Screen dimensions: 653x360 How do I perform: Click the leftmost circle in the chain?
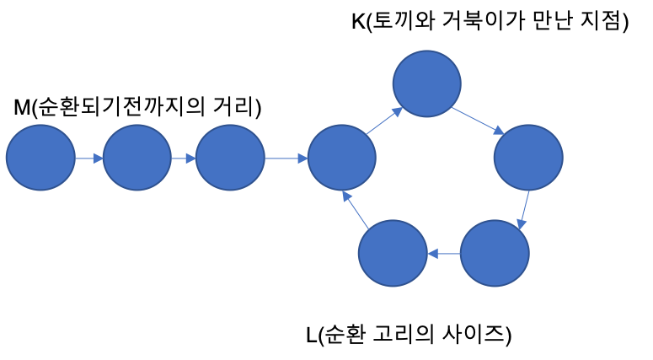tap(40, 158)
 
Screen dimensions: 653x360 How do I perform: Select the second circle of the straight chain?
tap(136, 158)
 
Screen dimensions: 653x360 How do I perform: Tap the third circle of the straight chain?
tap(230, 158)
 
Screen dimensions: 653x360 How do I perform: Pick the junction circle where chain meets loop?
tap(341, 158)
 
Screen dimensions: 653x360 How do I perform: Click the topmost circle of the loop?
tap(426, 83)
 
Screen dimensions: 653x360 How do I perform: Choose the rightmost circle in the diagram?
tap(528, 158)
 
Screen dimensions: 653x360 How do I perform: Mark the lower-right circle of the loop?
tap(495, 253)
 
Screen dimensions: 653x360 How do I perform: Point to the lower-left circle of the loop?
tap(393, 253)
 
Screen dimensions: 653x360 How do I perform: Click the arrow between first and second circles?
tap(88, 158)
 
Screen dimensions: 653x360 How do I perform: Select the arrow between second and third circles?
tap(183, 158)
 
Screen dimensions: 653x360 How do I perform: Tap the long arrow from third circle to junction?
tap(286, 158)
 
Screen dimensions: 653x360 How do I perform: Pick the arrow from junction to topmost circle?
tap(384, 121)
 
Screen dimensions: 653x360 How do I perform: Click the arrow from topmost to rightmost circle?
tap(477, 120)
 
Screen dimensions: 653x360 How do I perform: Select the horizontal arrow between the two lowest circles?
tap(444, 253)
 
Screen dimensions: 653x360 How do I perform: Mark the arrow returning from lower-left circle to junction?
tap(356, 211)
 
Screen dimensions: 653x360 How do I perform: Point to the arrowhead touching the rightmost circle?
tap(499, 130)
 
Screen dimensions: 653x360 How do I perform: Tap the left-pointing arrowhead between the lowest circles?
tap(432, 253)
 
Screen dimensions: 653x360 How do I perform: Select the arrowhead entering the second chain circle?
tap(99, 158)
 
